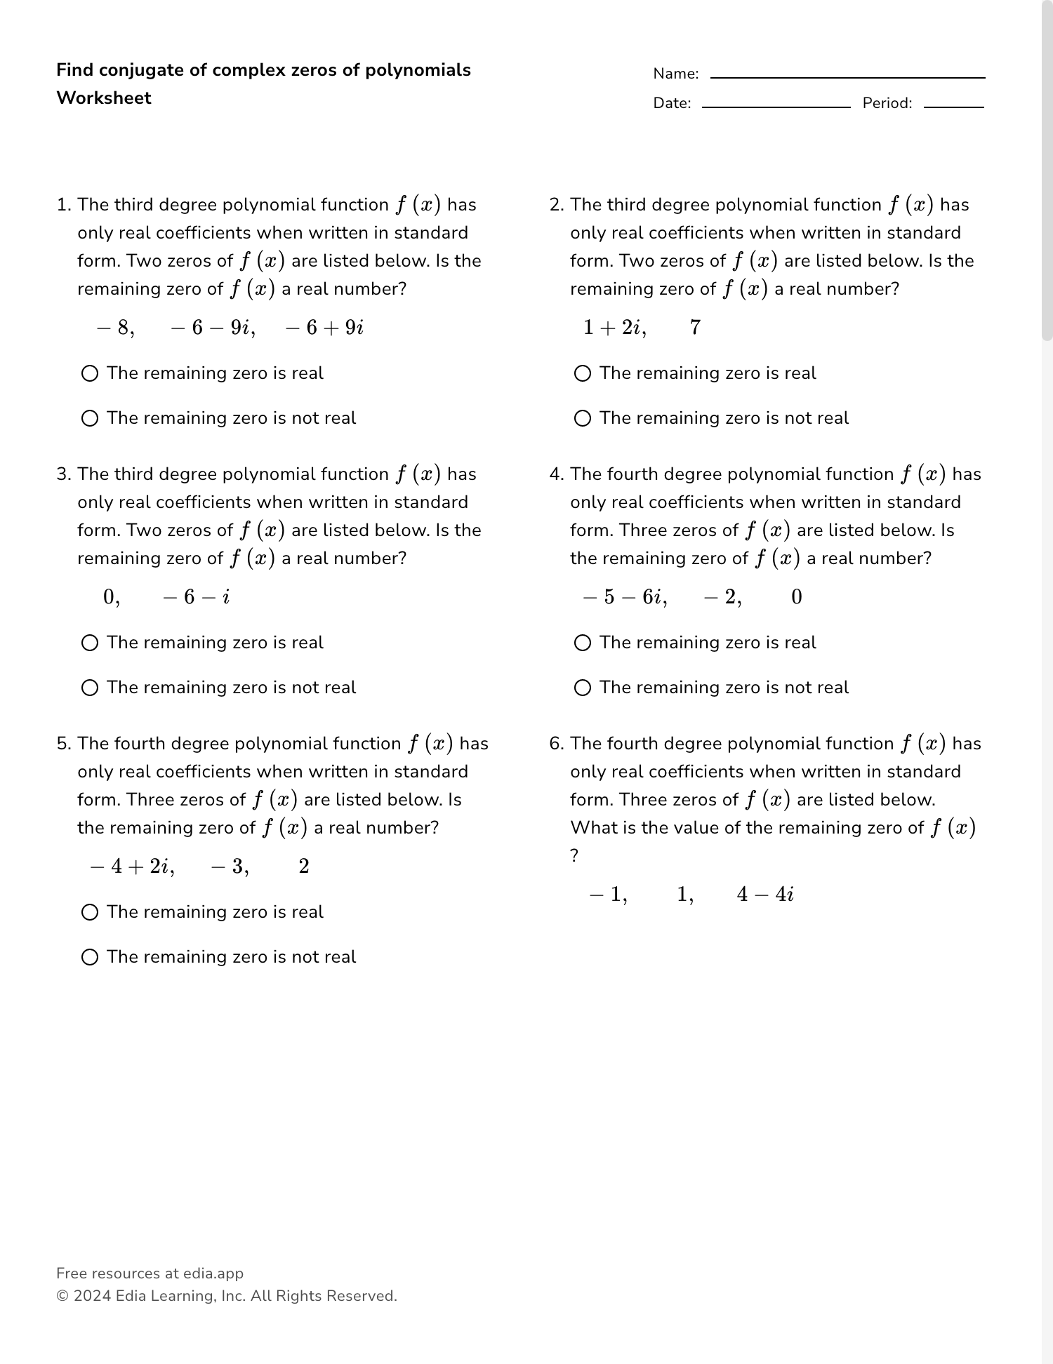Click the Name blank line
pos(847,76)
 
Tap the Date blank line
pos(776,106)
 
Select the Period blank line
pos(953,106)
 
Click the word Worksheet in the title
pos(104,98)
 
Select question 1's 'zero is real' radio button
pos(90,373)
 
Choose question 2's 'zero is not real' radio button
pos(583,418)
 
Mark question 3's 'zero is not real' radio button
pos(90,688)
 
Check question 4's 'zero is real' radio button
pos(583,643)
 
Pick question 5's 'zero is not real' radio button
pos(90,957)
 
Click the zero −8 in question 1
pos(114,328)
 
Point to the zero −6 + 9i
pos(324,328)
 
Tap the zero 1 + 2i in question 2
pos(614,328)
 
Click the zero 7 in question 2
pos(695,328)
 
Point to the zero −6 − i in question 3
pos(196,597)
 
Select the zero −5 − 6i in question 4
pos(624,597)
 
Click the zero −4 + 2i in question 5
pos(132,867)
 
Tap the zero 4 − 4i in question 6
pos(765,895)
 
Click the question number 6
pos(555,744)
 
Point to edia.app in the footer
pos(213,1273)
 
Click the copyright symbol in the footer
pos(62,1296)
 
